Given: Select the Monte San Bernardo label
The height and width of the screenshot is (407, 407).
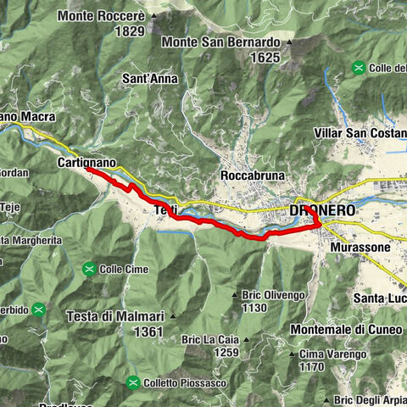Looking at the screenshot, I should [x=220, y=42].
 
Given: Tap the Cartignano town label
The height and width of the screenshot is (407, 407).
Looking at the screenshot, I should [x=86, y=161].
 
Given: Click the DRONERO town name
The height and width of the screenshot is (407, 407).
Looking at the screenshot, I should [x=320, y=209].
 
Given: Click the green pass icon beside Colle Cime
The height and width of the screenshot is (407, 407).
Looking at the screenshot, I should [x=89, y=270].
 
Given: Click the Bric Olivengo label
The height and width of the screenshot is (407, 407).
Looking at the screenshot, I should [x=272, y=294].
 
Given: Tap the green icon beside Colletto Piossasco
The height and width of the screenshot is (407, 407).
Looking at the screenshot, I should [x=132, y=382].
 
